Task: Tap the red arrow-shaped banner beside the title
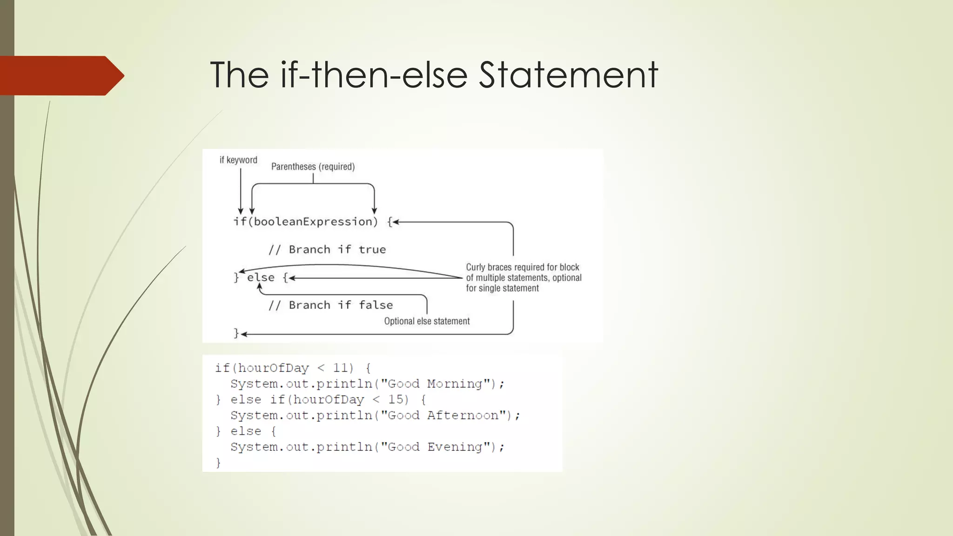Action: [x=60, y=75]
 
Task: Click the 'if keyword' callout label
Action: [x=238, y=160]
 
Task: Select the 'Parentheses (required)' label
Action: [x=313, y=167]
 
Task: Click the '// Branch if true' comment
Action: [x=327, y=249]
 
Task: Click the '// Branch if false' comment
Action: [x=330, y=305]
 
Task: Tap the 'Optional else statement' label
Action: [x=427, y=321]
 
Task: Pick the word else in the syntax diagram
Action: [x=261, y=278]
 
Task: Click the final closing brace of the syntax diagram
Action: [x=236, y=333]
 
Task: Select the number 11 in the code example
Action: [x=340, y=368]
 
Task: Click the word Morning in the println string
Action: [x=455, y=384]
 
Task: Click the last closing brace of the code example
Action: [x=218, y=462]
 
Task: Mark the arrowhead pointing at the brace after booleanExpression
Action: [x=396, y=222]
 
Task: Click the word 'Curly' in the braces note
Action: [x=476, y=267]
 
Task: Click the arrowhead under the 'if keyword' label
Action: [x=241, y=211]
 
